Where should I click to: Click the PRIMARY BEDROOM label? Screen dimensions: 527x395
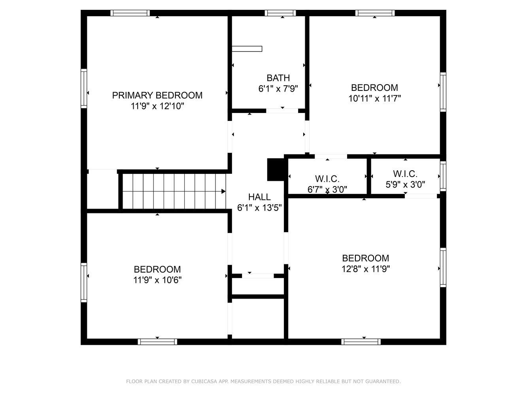click(157, 96)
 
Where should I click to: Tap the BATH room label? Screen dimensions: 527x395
click(278, 78)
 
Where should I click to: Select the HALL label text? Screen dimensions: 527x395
click(259, 197)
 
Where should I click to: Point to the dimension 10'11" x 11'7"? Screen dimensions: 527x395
click(374, 98)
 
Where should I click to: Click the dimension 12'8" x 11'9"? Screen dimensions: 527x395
click(365, 269)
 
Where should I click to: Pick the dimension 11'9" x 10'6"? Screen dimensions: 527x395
click(157, 280)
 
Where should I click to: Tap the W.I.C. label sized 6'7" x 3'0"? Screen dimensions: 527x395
click(327, 179)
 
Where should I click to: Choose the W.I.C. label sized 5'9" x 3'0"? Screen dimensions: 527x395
click(405, 174)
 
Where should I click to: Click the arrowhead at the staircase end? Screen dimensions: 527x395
click(223, 192)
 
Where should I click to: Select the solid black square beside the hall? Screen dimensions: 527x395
click(276, 169)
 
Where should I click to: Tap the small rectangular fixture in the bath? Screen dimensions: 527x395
click(247, 49)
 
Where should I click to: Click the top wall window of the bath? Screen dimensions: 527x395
click(280, 13)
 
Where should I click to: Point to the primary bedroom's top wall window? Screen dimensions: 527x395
click(130, 13)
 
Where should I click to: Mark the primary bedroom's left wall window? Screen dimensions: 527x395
click(83, 88)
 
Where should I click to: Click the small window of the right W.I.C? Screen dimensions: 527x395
click(443, 176)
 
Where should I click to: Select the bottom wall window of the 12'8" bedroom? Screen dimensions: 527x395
click(361, 342)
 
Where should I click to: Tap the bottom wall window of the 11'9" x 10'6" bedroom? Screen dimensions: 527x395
click(157, 342)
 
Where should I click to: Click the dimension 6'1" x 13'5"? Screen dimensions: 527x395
click(259, 208)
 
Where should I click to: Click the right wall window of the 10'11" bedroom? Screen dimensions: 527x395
click(443, 92)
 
